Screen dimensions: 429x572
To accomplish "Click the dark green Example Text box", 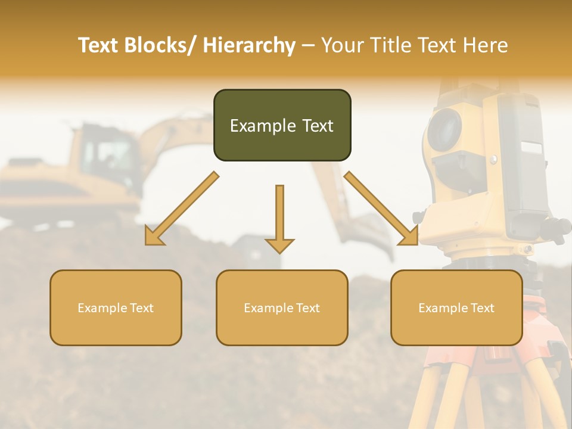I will click(282, 125).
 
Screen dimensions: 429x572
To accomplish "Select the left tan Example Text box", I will click(116, 307).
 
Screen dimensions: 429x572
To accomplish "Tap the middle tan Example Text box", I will click(282, 307).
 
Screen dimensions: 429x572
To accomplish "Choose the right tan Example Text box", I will click(456, 307).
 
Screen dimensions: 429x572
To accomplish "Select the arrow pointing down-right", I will click(381, 209).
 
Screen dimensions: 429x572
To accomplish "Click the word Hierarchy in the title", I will click(249, 45).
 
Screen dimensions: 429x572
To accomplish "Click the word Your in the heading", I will click(341, 45).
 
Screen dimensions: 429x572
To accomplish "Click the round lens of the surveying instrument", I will click(444, 129).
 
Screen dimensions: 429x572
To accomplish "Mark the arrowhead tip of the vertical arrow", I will click(279, 253).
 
